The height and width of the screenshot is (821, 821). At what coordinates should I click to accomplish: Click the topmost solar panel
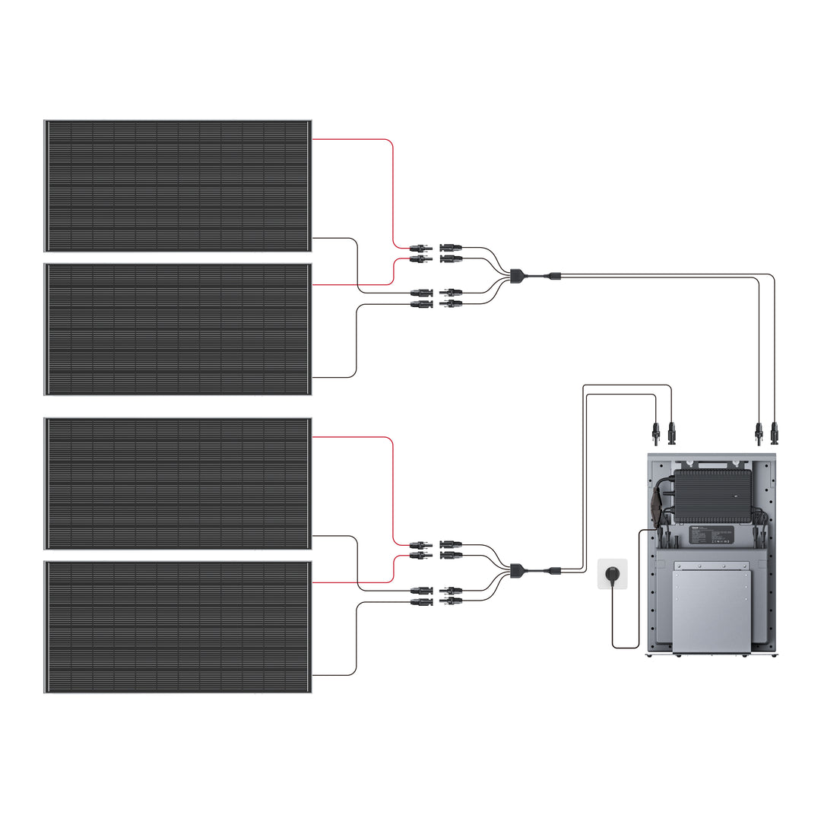tap(177, 185)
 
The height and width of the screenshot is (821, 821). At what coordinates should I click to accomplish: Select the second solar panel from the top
tap(177, 328)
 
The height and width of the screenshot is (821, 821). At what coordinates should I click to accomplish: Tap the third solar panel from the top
tap(177, 483)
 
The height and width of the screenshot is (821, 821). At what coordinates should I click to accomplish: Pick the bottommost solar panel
tap(177, 626)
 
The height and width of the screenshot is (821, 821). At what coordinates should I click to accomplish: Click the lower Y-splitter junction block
tap(517, 568)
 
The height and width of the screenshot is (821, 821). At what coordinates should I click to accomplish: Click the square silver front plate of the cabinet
tap(711, 608)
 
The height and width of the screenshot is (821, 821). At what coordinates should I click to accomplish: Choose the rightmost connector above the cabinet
tap(775, 433)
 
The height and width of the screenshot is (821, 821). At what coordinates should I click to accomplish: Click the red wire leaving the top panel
tap(357, 140)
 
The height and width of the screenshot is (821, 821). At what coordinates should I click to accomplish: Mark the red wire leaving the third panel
tap(357, 438)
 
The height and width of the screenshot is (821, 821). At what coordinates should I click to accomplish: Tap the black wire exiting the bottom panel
tap(334, 674)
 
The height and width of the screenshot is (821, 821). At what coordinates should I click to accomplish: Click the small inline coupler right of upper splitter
tap(556, 275)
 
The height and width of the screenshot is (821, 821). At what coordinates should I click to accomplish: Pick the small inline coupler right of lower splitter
tap(556, 570)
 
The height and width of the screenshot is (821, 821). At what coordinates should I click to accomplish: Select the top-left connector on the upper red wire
tap(420, 248)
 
